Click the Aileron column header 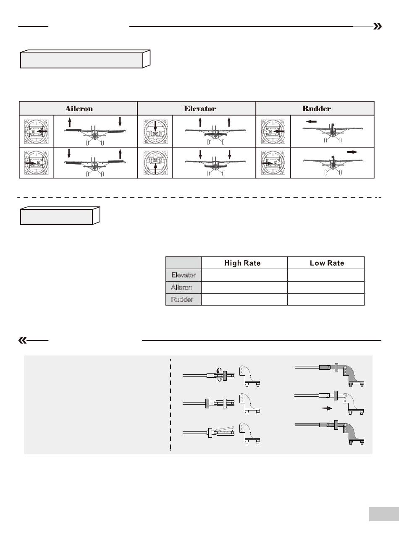tap(79, 108)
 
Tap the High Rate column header tap(242, 263)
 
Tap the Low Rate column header tap(327, 263)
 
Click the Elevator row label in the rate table tap(184, 275)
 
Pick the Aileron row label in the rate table tap(181, 287)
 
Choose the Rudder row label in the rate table tap(182, 300)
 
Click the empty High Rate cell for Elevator tap(244, 275)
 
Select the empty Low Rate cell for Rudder tap(326, 300)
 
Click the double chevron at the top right tap(378, 26)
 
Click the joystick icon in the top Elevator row tap(155, 131)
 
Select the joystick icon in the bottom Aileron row tap(37, 163)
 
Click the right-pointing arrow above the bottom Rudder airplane tap(352, 152)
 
